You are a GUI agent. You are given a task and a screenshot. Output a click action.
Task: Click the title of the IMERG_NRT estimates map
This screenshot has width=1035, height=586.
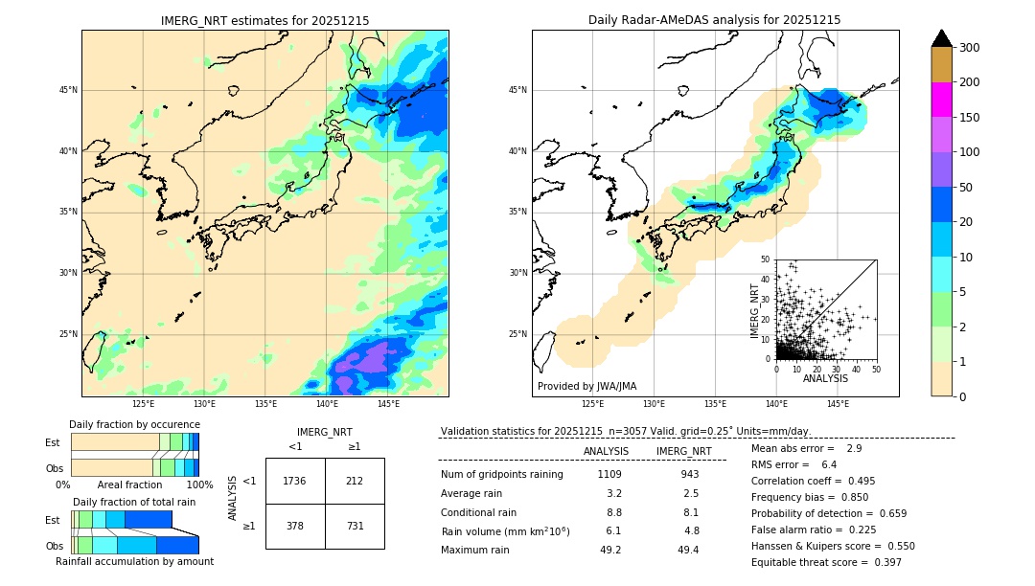(x=264, y=20)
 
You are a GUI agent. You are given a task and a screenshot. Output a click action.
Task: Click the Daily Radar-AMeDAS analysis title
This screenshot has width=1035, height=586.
(x=715, y=20)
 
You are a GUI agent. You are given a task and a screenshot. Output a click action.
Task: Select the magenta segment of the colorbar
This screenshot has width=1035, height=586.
(x=941, y=100)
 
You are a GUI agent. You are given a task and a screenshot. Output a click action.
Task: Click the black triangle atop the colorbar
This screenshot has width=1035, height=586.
(x=941, y=38)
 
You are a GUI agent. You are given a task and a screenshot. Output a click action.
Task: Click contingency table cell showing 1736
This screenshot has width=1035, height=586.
(x=295, y=481)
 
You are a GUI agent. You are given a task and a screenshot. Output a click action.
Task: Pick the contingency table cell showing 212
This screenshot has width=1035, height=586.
(x=355, y=481)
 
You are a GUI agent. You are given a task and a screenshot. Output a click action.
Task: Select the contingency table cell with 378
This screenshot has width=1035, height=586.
(x=295, y=526)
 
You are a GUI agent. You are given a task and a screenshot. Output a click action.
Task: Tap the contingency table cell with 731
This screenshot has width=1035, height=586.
(x=355, y=526)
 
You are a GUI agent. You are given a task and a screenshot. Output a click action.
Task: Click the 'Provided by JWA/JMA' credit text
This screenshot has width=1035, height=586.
(x=586, y=386)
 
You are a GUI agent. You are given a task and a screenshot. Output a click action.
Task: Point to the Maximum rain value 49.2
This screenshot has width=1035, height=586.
(x=610, y=550)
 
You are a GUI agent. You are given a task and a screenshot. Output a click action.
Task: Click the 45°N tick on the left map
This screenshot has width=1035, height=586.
(x=67, y=90)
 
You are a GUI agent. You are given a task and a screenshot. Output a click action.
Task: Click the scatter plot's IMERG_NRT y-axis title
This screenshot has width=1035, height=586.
(x=755, y=308)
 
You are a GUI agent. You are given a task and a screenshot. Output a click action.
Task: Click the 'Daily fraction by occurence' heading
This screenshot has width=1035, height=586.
(x=134, y=424)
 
